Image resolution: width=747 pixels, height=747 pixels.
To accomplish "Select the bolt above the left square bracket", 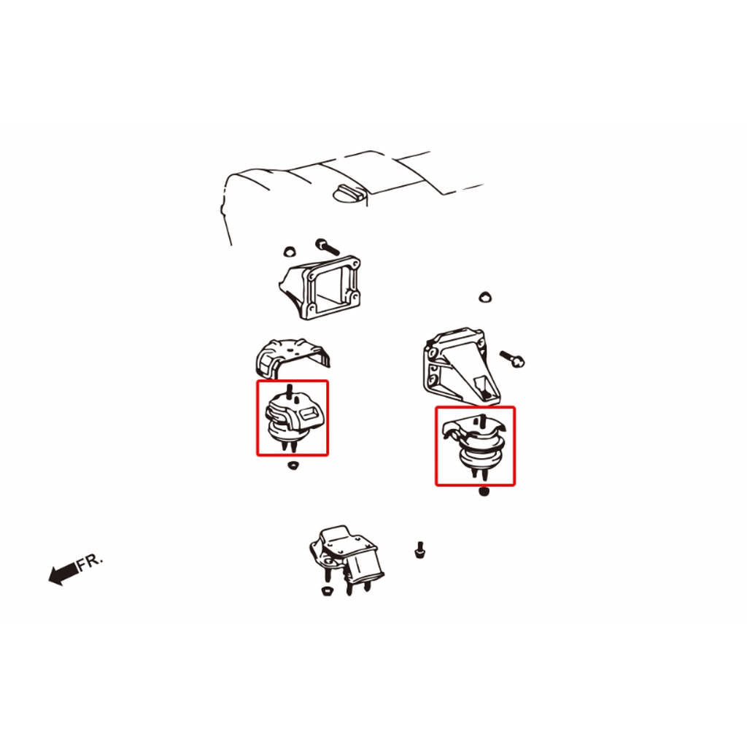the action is click(328, 247).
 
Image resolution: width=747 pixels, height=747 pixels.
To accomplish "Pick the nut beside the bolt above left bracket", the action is click(289, 251).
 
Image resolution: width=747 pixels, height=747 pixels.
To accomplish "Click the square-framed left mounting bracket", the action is click(320, 287).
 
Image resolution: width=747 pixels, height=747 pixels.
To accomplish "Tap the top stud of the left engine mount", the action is click(289, 391).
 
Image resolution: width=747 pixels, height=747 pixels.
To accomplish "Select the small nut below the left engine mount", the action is click(293, 465).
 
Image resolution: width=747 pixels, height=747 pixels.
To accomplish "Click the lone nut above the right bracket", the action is click(485, 297).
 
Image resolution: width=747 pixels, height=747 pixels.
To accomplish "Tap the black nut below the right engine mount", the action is click(484, 491).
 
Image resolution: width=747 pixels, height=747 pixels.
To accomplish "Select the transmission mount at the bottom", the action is click(347, 559).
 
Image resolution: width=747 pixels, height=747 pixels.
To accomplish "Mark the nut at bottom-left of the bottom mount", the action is click(327, 591).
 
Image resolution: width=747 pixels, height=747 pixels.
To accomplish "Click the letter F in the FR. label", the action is click(82, 564).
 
